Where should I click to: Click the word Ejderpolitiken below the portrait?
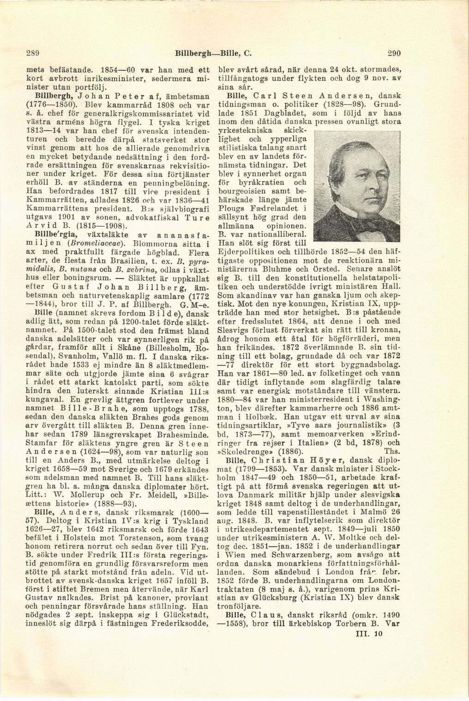243,252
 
